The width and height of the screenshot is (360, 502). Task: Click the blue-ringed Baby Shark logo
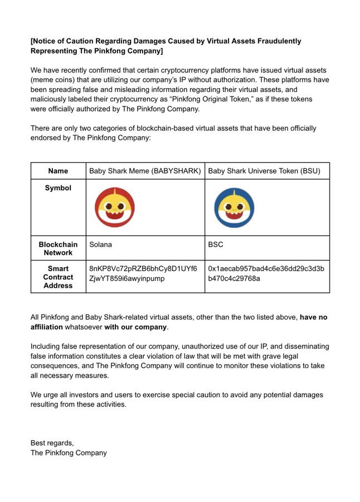tap(235, 207)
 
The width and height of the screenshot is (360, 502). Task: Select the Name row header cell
tap(58, 171)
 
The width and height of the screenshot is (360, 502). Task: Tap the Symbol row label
tap(58, 188)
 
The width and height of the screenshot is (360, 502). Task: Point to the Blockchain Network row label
tap(58, 248)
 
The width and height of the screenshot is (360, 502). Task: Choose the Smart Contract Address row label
tap(58, 277)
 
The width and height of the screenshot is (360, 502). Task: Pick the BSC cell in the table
tap(216, 244)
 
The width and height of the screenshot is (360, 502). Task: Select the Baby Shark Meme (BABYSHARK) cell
tap(145, 171)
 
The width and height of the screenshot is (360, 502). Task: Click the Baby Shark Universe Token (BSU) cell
tap(264, 171)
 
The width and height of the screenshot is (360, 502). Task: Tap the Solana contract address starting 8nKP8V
tap(143, 273)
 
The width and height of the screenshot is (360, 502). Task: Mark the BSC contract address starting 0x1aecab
tap(266, 273)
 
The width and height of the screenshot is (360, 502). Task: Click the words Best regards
tap(52, 442)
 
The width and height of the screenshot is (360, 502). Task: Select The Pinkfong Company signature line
tap(69, 452)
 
